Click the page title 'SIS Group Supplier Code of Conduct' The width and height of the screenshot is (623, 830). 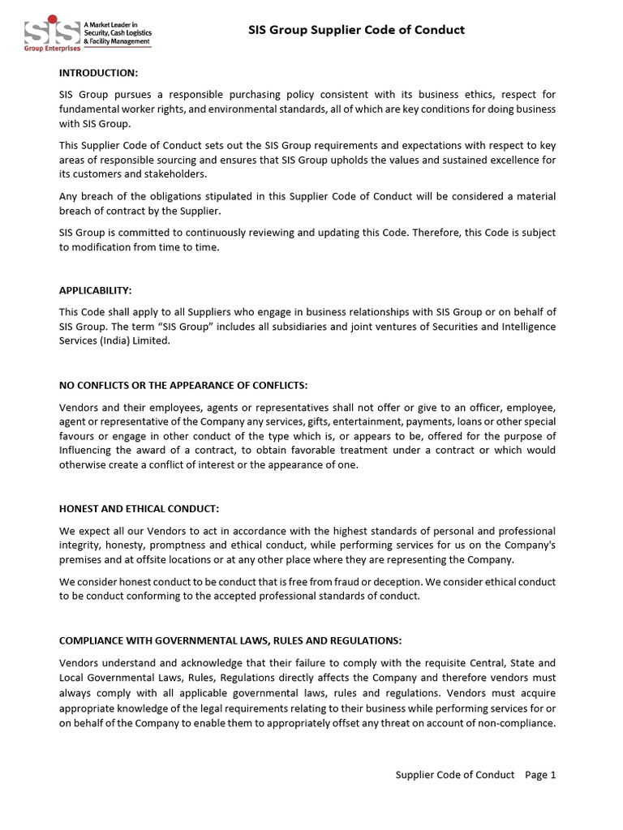(x=356, y=30)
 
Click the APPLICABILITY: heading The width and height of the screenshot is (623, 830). (x=95, y=290)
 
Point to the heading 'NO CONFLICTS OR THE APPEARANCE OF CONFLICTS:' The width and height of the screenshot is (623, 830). (x=183, y=384)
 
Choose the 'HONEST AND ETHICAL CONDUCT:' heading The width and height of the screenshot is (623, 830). (x=139, y=509)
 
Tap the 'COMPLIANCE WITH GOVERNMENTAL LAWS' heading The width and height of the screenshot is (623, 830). (x=230, y=640)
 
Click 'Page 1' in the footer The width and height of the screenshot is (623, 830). (x=540, y=775)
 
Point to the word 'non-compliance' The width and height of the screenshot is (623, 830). (x=517, y=724)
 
